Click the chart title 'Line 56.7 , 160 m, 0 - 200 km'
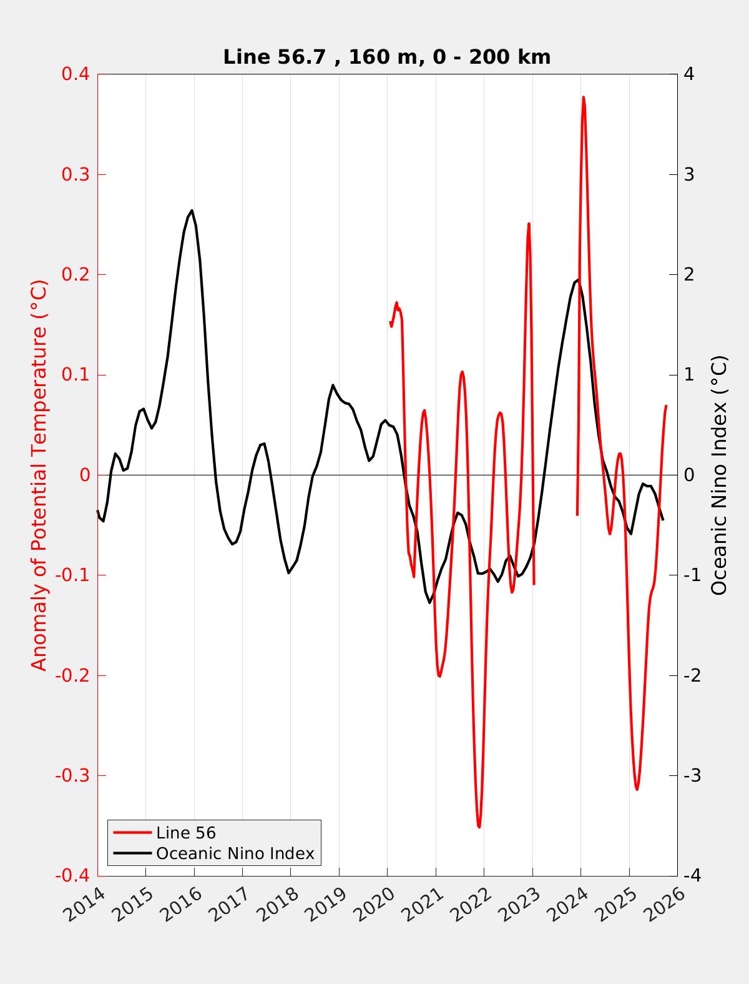click(386, 57)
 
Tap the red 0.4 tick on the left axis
click(75, 74)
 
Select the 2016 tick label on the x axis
click(182, 904)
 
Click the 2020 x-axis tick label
click(376, 904)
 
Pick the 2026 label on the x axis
click(666, 904)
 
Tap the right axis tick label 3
click(689, 174)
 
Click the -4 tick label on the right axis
click(692, 876)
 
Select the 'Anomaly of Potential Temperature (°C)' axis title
click(39, 475)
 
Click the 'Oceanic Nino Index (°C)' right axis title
click(719, 475)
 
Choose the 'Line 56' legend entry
click(186, 833)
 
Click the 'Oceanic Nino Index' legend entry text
click(235, 853)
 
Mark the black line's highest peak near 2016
click(192, 211)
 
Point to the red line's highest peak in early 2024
click(583, 97)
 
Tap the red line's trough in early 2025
click(637, 790)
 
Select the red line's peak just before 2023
click(529, 224)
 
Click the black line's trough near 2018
click(288, 573)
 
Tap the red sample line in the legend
click(132, 833)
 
